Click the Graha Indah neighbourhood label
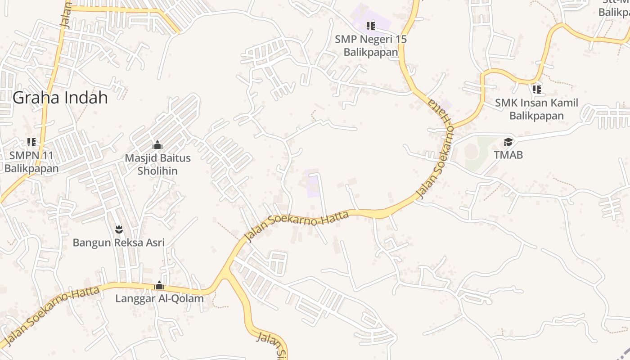coord(60,98)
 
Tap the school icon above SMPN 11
coord(31,142)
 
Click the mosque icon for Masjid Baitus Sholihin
coord(157,145)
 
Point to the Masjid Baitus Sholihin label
coord(157,164)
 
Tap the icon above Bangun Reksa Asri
coord(119,230)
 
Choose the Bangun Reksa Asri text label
coord(119,243)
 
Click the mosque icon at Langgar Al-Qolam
coord(159,285)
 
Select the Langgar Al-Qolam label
coord(159,298)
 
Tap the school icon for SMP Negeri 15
coord(371,26)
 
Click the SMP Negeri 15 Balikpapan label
coord(371,45)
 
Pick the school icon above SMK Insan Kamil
coord(536,89)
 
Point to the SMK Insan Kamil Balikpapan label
coord(536,109)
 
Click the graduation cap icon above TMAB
coord(508,142)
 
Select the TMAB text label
coord(508,155)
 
